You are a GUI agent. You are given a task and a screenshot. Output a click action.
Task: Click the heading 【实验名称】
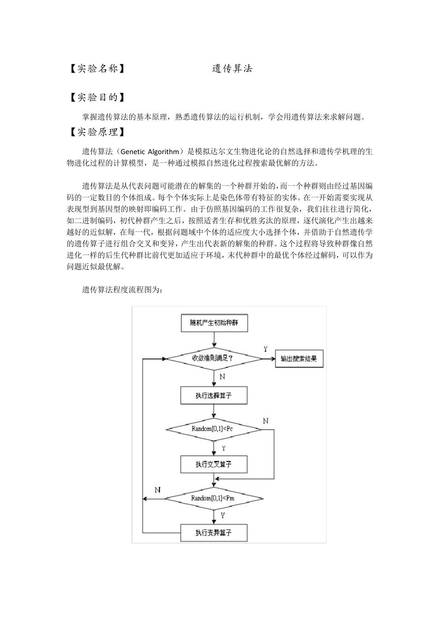[x=96, y=68]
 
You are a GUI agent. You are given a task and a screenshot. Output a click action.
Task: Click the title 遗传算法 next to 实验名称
[x=232, y=68]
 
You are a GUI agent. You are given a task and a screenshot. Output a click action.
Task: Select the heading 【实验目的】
[x=96, y=97]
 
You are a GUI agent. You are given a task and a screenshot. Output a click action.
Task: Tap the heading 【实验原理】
[x=96, y=132]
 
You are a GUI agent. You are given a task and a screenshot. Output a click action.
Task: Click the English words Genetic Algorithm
[x=150, y=151]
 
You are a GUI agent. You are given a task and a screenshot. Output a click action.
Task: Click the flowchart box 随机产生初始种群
[x=214, y=323]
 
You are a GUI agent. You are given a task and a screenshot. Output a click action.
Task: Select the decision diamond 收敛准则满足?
[x=214, y=358]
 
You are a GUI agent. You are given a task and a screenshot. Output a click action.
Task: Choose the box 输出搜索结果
[x=299, y=359]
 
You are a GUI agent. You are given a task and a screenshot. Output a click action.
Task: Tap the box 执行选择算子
[x=214, y=395]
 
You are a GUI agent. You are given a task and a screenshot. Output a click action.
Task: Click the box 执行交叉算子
[x=214, y=464]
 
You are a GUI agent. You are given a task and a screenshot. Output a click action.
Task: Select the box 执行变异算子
[x=214, y=533]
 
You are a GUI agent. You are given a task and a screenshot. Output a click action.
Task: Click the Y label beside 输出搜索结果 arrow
[x=266, y=349]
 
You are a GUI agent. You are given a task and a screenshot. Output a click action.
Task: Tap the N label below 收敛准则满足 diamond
[x=223, y=377]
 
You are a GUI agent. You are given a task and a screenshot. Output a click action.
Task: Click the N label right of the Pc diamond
[x=266, y=421]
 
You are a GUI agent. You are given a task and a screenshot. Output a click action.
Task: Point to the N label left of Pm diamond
[x=158, y=490]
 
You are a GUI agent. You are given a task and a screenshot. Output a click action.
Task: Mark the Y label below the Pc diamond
[x=224, y=448]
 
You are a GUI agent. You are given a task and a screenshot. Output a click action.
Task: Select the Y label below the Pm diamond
[x=223, y=515]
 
